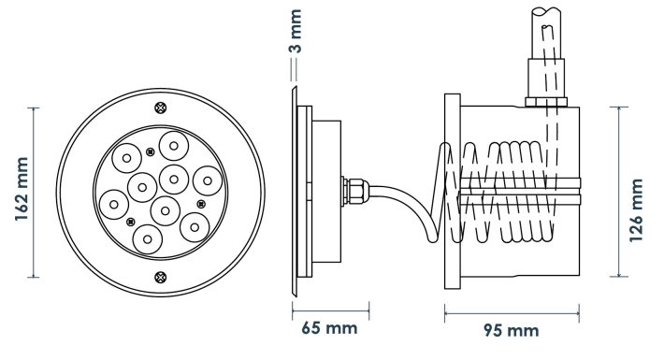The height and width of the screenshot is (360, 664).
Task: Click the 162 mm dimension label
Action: [22, 189]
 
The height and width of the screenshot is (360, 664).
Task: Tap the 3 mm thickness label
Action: [296, 32]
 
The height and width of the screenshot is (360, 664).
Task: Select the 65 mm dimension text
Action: [329, 328]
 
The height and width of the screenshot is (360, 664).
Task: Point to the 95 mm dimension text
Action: [512, 330]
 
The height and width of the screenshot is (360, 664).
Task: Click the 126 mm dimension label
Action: [636, 210]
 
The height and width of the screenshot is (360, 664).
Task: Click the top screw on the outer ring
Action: [161, 108]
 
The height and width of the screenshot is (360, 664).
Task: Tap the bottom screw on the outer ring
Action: [161, 278]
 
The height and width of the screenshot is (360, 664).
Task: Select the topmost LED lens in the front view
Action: [174, 146]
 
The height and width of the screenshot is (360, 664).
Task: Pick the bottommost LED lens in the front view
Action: [148, 239]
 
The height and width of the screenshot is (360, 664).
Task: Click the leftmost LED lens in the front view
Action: [114, 205]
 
